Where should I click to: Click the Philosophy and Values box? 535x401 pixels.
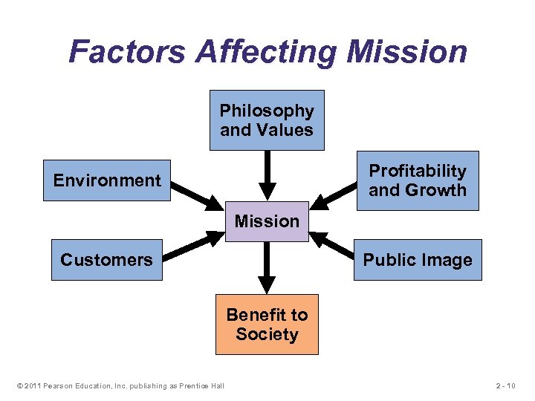[x=267, y=120]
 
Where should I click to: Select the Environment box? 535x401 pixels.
[x=107, y=180]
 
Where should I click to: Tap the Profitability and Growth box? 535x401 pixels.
[x=418, y=180]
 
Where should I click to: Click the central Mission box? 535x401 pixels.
[x=267, y=221]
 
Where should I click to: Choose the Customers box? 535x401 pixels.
[x=106, y=259]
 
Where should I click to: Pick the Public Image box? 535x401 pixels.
[x=418, y=259]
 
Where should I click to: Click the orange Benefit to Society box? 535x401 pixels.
[x=267, y=325]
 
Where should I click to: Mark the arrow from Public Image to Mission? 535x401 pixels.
[x=334, y=244]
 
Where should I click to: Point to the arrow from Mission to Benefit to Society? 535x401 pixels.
[x=267, y=267]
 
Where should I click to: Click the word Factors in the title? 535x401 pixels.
[x=128, y=52]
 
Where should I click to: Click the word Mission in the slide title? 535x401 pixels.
[x=407, y=52]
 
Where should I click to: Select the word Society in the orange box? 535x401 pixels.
[x=267, y=334]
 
